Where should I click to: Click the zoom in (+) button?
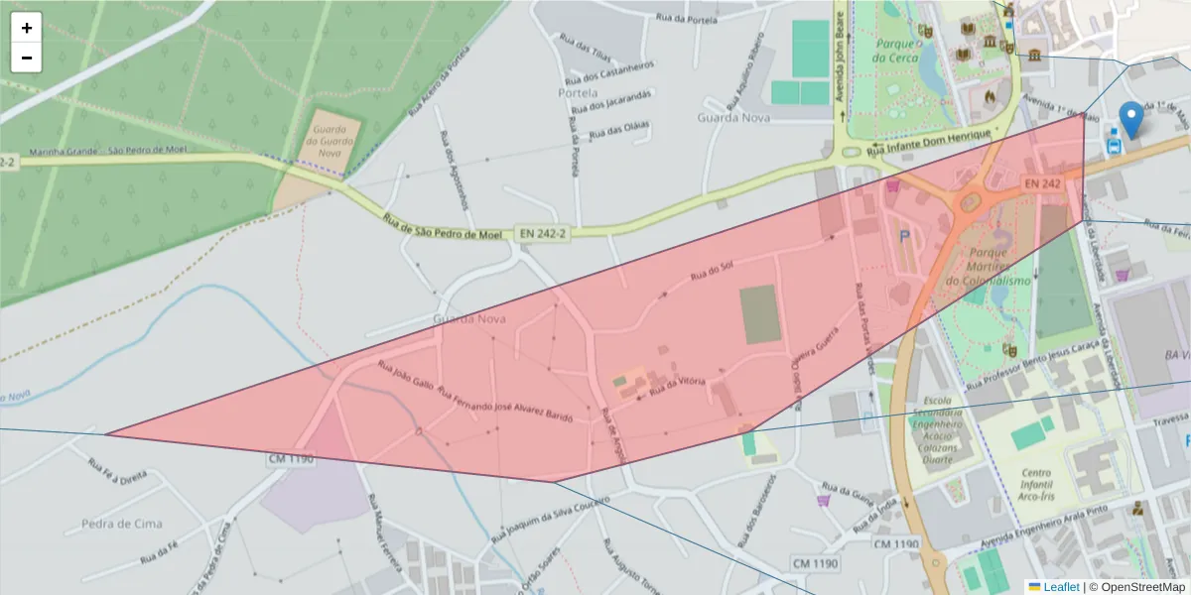27,28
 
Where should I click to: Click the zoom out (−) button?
27,58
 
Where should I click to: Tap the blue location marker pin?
1130,119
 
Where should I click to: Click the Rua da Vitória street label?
678,387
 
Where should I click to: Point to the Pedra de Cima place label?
122,524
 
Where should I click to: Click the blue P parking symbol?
903,236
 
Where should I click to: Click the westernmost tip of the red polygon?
106,433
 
